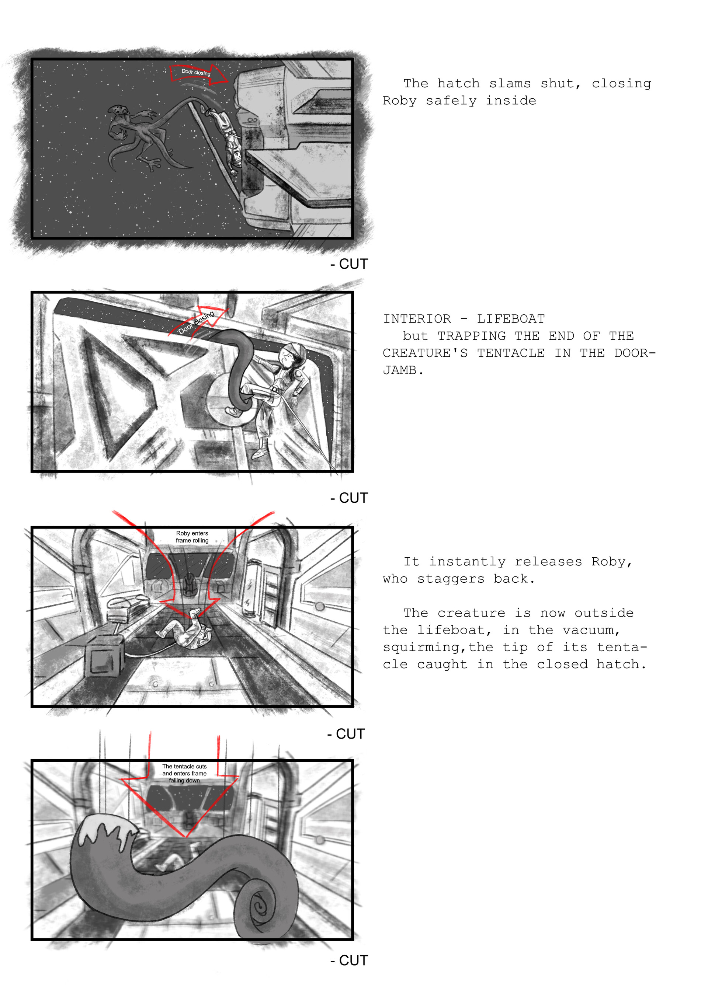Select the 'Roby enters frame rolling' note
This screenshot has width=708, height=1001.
[192, 537]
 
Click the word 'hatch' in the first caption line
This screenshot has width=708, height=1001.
[458, 83]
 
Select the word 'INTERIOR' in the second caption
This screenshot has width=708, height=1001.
[417, 319]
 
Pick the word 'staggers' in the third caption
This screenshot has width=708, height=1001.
[451, 579]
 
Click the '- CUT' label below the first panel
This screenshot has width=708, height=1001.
[349, 264]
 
